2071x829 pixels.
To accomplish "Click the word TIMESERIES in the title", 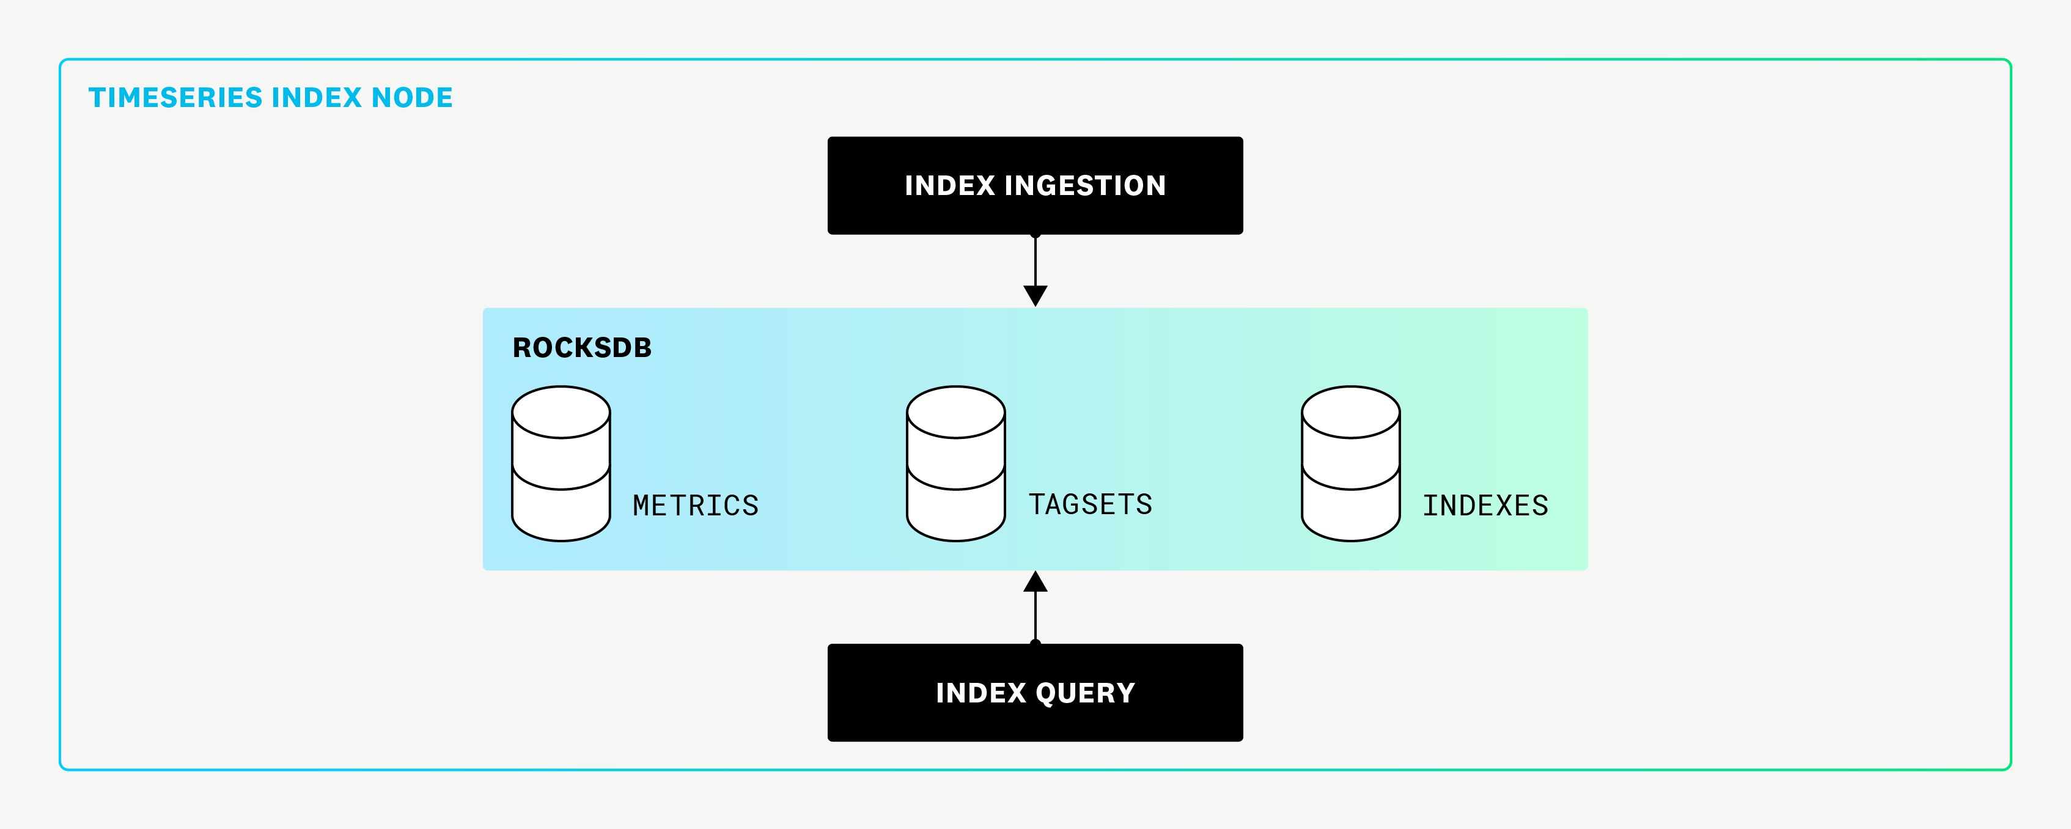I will pos(175,97).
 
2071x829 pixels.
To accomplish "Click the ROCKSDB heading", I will pos(582,347).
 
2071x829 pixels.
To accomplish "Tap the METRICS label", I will pos(696,506).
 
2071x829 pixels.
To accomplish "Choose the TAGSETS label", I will pos(1090,505).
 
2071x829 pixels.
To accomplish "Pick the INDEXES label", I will pos(1485,506).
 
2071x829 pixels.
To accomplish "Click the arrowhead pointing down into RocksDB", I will pos(1035,296).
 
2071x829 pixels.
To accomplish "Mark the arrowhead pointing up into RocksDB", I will pos(1035,582).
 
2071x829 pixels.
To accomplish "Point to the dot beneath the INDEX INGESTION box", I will pos(1035,235).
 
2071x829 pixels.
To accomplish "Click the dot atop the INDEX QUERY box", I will pos(1035,643).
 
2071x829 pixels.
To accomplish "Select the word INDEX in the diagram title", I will pos(317,97).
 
